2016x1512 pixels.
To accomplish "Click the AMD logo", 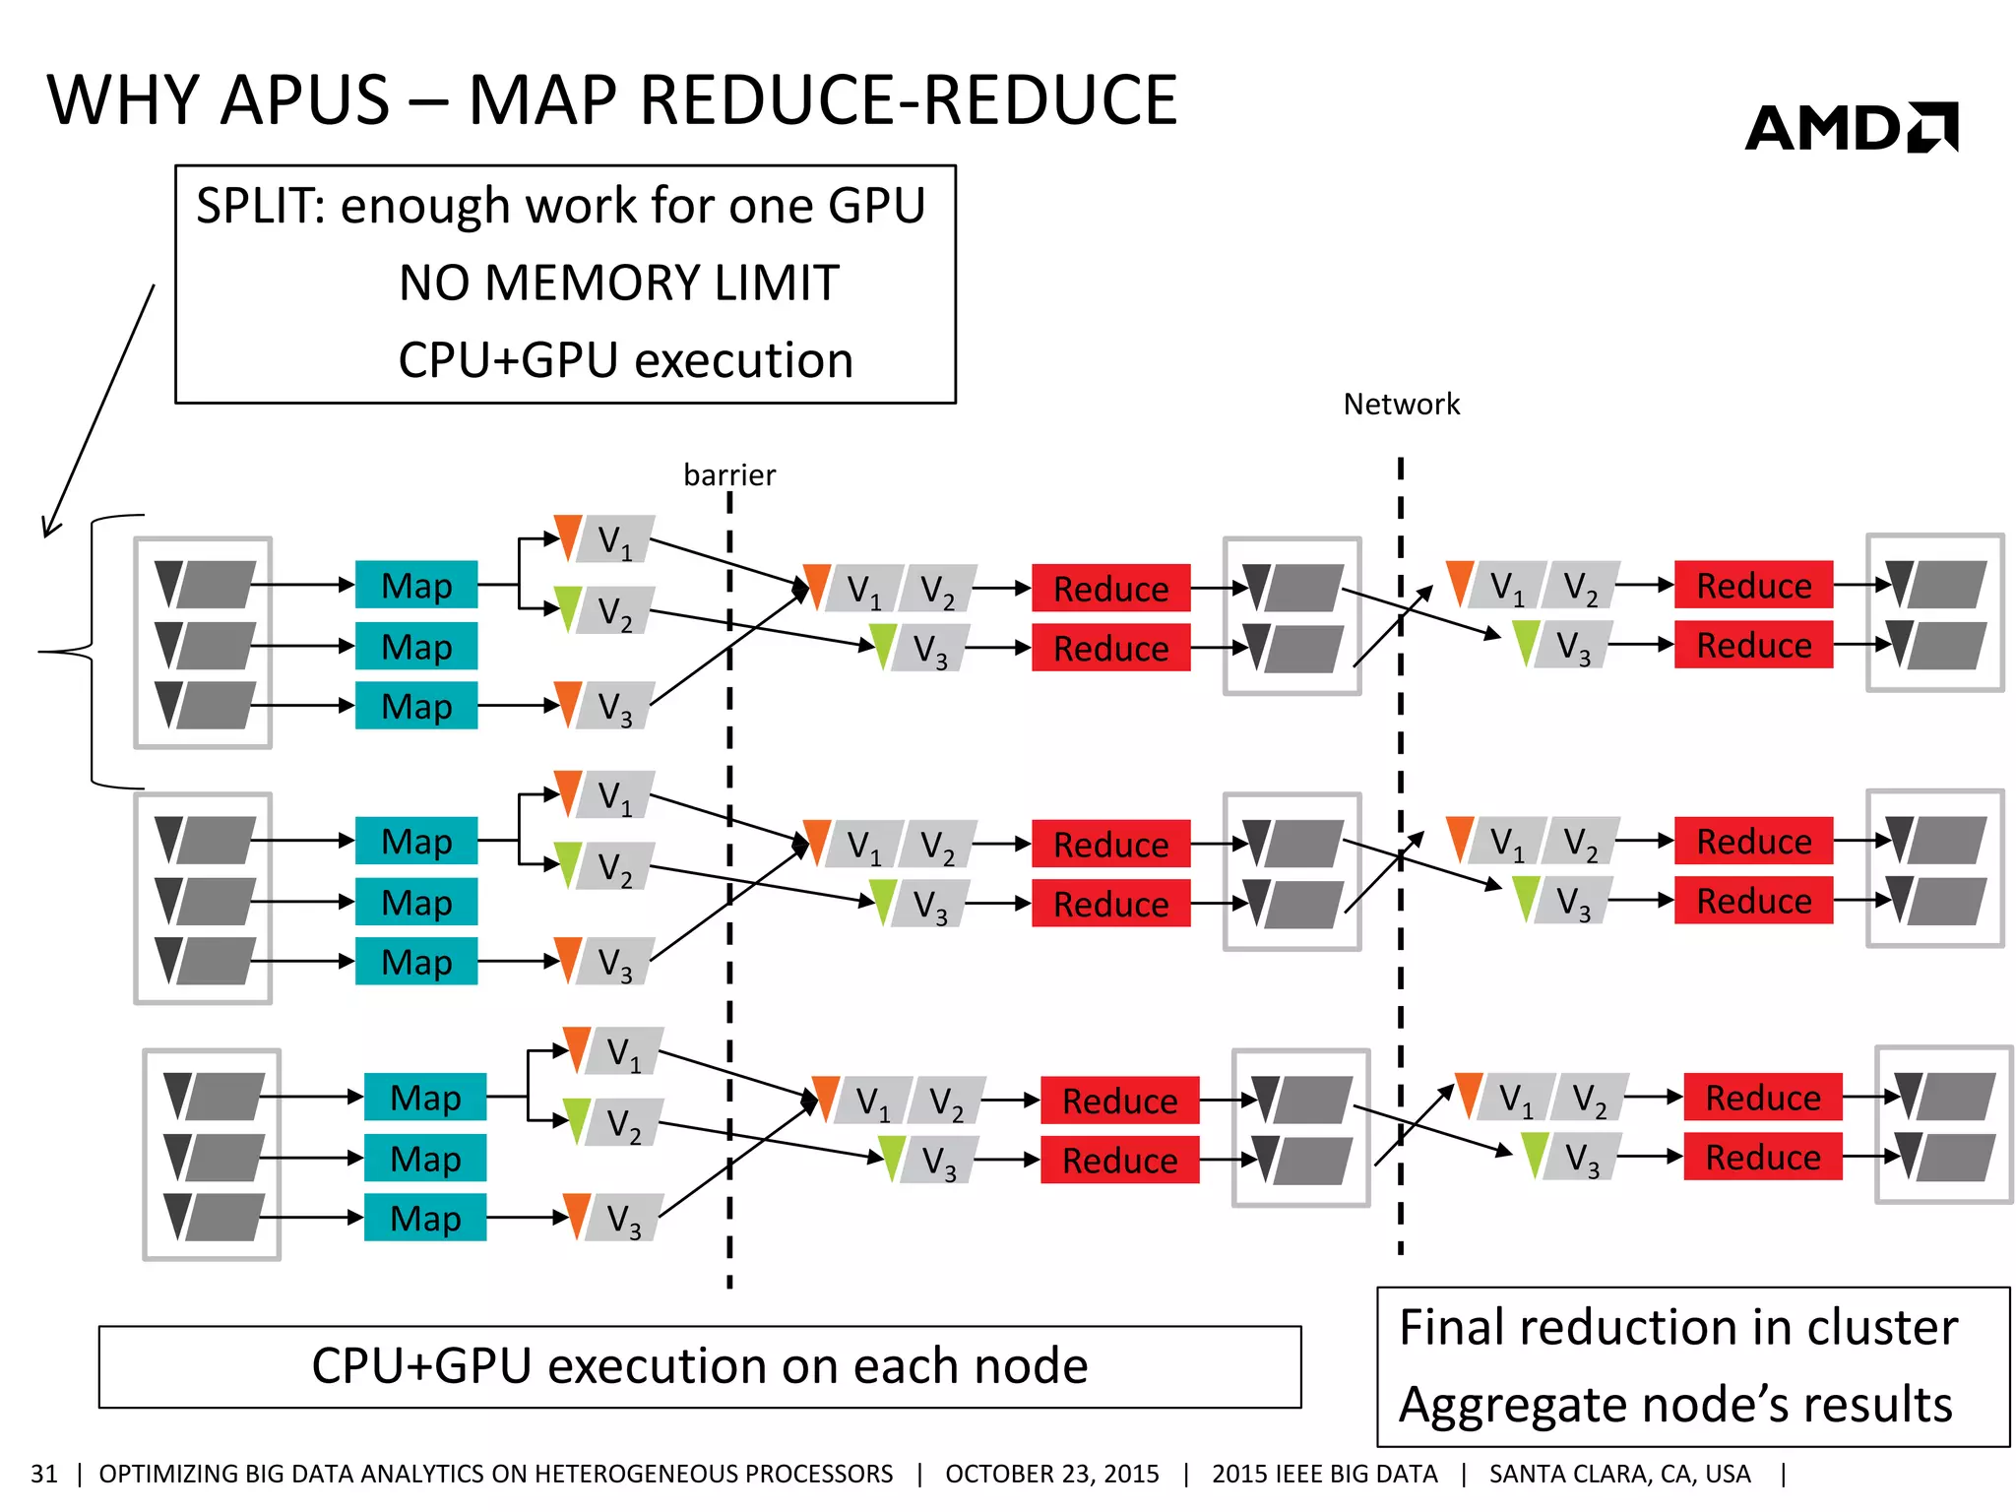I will click(x=1851, y=128).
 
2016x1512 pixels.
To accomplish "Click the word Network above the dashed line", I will click(x=1401, y=405).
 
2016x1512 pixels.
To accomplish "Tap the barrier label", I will click(x=728, y=475).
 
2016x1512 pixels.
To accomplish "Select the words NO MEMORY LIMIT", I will click(x=618, y=283).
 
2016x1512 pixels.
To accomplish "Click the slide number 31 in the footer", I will click(x=44, y=1474).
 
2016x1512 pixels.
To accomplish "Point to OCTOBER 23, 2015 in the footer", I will click(x=1051, y=1474).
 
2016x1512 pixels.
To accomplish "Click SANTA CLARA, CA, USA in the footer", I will click(x=1619, y=1474).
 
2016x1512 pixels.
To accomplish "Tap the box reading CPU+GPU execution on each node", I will click(x=699, y=1366).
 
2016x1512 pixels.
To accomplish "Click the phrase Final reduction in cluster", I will click(x=1677, y=1328).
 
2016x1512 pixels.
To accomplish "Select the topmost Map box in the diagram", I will click(x=416, y=586).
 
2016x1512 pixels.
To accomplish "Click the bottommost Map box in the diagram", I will click(x=425, y=1218).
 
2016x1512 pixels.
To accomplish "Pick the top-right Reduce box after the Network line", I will click(x=1753, y=586).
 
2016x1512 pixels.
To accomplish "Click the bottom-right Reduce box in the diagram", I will click(x=1762, y=1158).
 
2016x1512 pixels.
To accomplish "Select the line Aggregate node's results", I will click(x=1675, y=1405).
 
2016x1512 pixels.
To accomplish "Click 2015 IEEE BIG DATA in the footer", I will click(x=1324, y=1474).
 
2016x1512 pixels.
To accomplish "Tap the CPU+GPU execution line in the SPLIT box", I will click(x=625, y=360).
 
